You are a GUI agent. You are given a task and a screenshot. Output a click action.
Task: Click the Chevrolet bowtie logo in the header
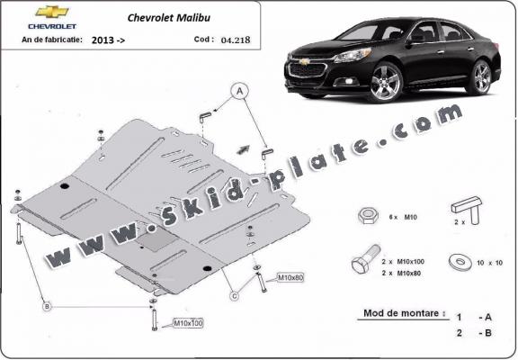coord(52,12)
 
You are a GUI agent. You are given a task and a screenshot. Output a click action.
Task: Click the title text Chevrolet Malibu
coord(169,17)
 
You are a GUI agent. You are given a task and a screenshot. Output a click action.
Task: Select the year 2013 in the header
coord(103,40)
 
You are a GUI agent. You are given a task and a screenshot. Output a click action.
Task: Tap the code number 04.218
coord(236,40)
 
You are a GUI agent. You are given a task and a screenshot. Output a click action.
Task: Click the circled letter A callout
coord(240,91)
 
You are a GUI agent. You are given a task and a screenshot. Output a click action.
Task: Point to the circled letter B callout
coord(47,306)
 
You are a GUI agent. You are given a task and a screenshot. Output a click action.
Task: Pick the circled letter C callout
coord(234,295)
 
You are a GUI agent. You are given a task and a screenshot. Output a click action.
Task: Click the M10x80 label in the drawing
coord(290,278)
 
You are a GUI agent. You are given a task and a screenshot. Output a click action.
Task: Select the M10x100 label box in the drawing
coord(188,323)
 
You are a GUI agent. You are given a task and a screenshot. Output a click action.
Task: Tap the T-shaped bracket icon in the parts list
coord(467,210)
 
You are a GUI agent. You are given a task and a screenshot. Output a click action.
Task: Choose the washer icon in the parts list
coord(460,262)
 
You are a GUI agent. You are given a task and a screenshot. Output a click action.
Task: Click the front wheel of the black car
coord(386,82)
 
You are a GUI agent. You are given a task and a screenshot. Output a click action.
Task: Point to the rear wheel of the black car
coord(482,77)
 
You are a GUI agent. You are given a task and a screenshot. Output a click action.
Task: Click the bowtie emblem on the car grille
coord(305,61)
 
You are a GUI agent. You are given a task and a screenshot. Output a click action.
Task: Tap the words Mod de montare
coord(401,313)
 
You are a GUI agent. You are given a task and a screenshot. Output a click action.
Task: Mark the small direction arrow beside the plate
coord(243,149)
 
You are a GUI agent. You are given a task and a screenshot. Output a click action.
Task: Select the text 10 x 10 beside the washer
coord(489,263)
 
